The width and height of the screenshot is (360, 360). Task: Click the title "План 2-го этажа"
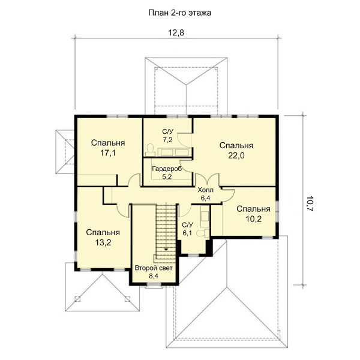pyautogui.click(x=180, y=13)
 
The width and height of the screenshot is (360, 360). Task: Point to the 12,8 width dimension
pyautogui.click(x=176, y=32)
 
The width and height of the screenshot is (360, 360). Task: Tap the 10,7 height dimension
pyautogui.click(x=310, y=203)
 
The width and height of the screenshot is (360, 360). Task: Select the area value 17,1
pyautogui.click(x=108, y=153)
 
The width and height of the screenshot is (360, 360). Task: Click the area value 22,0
pyautogui.click(x=236, y=155)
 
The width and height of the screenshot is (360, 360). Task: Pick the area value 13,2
pyautogui.click(x=103, y=242)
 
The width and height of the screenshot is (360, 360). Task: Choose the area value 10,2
pyautogui.click(x=254, y=219)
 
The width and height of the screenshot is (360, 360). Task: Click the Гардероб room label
pyautogui.click(x=167, y=169)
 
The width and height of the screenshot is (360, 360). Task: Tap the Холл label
pyautogui.click(x=205, y=190)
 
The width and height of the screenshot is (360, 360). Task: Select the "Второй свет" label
pyautogui.click(x=154, y=268)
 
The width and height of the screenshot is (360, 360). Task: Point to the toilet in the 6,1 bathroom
pyautogui.click(x=203, y=233)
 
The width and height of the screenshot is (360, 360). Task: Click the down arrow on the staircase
pyautogui.click(x=166, y=249)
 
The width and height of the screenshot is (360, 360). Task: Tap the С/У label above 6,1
pyautogui.click(x=188, y=224)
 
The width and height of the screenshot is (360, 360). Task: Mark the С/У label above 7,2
pyautogui.click(x=168, y=131)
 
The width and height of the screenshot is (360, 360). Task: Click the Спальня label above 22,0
pyautogui.click(x=236, y=146)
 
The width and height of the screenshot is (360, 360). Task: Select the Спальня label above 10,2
pyautogui.click(x=253, y=209)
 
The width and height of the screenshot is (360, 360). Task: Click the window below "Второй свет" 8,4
pyautogui.click(x=154, y=284)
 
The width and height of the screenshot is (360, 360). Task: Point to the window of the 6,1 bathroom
pyautogui.click(x=193, y=255)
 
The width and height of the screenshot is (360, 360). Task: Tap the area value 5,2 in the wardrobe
pyautogui.click(x=167, y=177)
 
